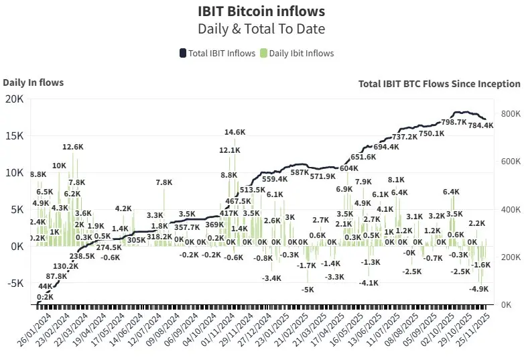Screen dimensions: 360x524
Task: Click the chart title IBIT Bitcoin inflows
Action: (261, 11)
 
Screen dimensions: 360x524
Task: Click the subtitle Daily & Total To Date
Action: (261, 29)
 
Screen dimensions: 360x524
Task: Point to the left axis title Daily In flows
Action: (34, 82)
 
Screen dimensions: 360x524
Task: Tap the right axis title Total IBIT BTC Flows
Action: (439, 84)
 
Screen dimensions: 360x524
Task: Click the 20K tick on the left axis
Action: (14, 99)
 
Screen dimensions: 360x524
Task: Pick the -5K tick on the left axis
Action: (14, 283)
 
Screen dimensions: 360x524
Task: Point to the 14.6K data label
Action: (235, 132)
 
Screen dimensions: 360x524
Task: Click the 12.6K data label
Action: (73, 147)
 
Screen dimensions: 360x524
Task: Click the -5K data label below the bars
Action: (308, 290)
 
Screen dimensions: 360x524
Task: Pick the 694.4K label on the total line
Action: (386, 147)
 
